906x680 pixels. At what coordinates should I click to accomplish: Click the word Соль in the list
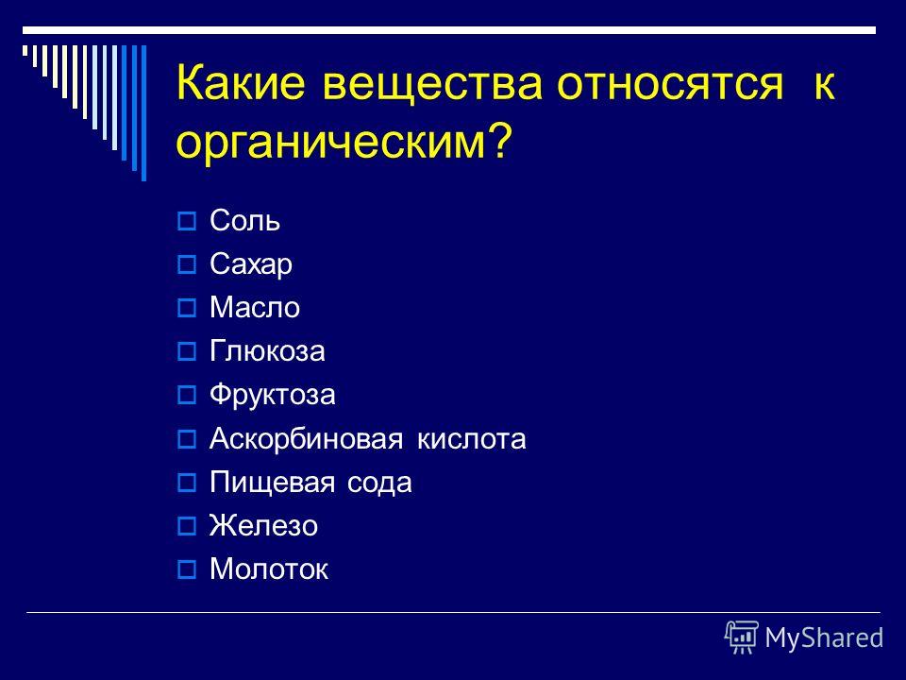[245, 220]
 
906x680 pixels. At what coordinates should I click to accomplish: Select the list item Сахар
[251, 264]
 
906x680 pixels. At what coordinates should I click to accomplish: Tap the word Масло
[255, 307]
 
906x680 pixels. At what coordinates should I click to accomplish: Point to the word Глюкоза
[267, 351]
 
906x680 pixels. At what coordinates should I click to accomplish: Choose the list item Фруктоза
[272, 395]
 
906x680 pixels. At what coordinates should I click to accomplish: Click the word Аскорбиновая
[306, 438]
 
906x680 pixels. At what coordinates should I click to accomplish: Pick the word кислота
[472, 439]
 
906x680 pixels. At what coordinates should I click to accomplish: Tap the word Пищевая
[272, 483]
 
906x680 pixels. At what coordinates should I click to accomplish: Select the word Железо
[263, 526]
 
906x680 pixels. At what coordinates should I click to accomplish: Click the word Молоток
[269, 569]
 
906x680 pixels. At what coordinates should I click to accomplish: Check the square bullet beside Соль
[187, 221]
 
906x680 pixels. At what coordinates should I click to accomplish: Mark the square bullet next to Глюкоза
[187, 351]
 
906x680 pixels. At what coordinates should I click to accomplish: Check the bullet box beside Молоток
[187, 569]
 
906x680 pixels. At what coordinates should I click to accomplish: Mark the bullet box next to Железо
[187, 526]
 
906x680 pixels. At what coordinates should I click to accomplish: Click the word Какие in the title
[241, 82]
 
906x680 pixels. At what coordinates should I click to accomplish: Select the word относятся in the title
[670, 84]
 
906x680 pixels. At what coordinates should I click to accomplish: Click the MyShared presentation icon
[742, 637]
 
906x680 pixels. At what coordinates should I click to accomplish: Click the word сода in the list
[379, 483]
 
